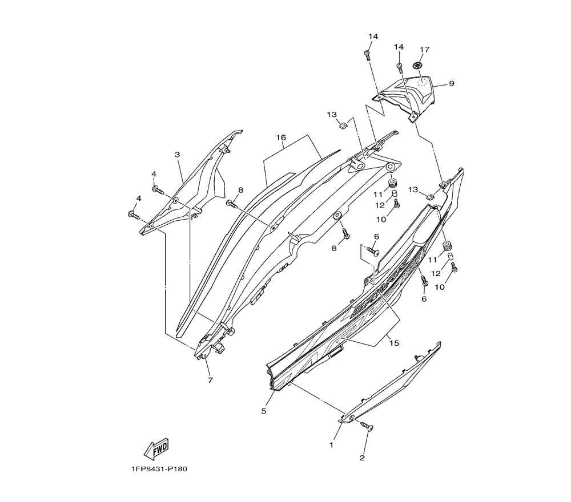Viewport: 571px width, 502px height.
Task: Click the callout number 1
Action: pyautogui.click(x=331, y=444)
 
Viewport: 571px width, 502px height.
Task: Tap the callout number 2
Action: pyautogui.click(x=362, y=457)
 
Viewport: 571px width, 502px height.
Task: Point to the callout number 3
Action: pyautogui.click(x=178, y=155)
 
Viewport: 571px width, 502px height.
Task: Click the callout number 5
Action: pyautogui.click(x=264, y=410)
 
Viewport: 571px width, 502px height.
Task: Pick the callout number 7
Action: pyautogui.click(x=210, y=380)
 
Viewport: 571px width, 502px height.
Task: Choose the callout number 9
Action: pyautogui.click(x=451, y=84)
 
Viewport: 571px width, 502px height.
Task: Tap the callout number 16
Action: pyautogui.click(x=281, y=138)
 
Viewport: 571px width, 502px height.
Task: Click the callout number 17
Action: pyautogui.click(x=424, y=50)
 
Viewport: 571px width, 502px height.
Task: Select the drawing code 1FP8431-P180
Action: pyautogui.click(x=158, y=469)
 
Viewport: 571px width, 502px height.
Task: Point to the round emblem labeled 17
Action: pyautogui.click(x=419, y=66)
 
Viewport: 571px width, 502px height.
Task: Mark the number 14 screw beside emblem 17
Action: pyautogui.click(x=400, y=66)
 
